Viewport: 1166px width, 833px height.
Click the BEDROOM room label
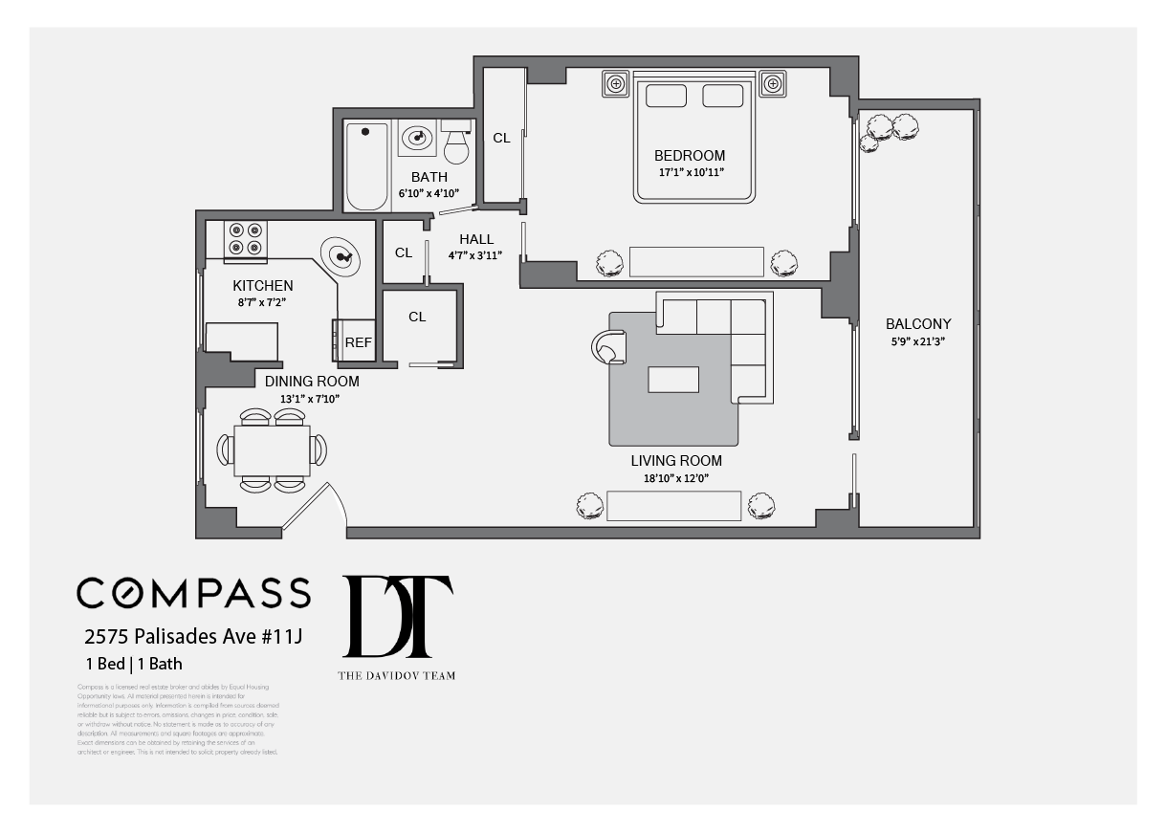tap(689, 156)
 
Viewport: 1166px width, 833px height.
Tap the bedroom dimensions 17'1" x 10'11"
tap(689, 173)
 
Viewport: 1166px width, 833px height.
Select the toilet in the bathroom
tap(457, 142)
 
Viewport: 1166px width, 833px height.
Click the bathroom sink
tap(416, 139)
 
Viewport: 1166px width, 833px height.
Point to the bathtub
tap(366, 165)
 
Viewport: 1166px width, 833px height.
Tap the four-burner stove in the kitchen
tap(245, 239)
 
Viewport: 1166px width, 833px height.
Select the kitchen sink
tap(341, 256)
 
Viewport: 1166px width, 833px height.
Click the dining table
tap(273, 449)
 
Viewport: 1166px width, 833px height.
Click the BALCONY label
tap(917, 324)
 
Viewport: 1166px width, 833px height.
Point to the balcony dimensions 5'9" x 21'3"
tap(917, 341)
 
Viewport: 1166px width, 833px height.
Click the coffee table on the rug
tap(673, 380)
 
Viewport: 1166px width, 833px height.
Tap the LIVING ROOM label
tap(675, 461)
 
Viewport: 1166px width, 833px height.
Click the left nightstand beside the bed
tap(615, 84)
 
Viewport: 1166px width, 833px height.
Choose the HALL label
tap(475, 239)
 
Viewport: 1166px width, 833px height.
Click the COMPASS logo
tap(193, 593)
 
